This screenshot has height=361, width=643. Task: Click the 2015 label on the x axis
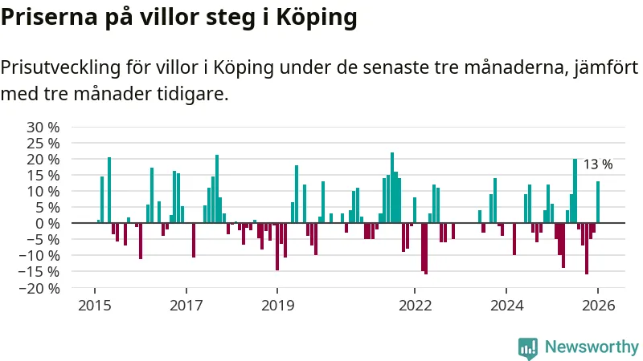pyautogui.click(x=95, y=305)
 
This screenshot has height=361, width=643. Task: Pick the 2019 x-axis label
pyautogui.click(x=277, y=305)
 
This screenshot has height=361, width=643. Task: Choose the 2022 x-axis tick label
pyautogui.click(x=416, y=305)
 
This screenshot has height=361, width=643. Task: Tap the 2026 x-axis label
pyautogui.click(x=599, y=305)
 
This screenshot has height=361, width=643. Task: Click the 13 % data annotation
pyautogui.click(x=597, y=164)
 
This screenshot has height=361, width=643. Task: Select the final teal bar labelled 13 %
pyautogui.click(x=598, y=202)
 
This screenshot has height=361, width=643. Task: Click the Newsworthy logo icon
pyautogui.click(x=528, y=347)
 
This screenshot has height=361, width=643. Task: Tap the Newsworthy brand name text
pyautogui.click(x=592, y=347)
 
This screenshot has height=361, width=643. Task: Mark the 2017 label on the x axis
pyautogui.click(x=186, y=305)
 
